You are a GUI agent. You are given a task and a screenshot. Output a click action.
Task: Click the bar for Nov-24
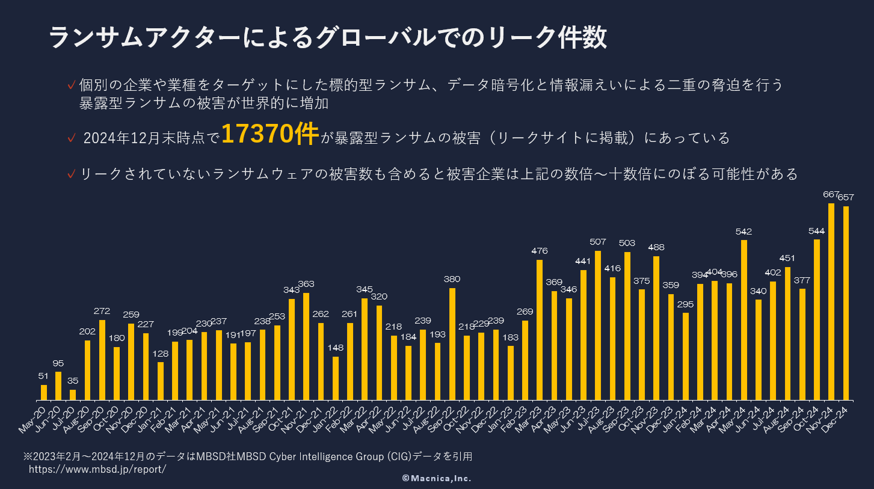pos(831,301)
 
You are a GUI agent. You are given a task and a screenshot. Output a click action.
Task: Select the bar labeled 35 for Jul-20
pos(73,395)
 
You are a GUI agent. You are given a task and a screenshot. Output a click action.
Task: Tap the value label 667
pos(831,194)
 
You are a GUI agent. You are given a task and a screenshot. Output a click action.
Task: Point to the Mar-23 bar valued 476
pos(540,330)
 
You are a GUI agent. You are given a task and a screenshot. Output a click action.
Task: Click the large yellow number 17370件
pos(269,134)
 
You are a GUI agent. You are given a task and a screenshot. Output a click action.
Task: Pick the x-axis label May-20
pos(34,418)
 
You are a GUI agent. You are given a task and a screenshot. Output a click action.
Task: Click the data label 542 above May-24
pos(743,232)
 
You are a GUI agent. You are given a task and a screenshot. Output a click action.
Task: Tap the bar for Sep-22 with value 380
pos(452,344)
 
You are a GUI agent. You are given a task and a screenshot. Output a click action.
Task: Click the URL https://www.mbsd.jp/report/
pos(97,469)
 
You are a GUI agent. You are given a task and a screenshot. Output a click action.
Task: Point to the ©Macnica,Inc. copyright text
pos(437,479)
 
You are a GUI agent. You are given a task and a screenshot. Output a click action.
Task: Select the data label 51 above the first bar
pos(43,376)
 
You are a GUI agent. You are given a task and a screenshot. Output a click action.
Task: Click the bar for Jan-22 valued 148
pos(336,378)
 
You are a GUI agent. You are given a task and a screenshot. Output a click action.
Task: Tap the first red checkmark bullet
pos(72,84)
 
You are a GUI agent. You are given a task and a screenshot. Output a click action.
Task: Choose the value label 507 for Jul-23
pos(598,242)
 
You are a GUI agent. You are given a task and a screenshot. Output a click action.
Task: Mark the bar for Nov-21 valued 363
pos(306,346)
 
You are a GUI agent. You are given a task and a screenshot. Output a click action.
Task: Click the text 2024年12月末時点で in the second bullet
pos(152,138)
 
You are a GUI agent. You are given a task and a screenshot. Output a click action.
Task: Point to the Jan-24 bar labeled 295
pos(686,356)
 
